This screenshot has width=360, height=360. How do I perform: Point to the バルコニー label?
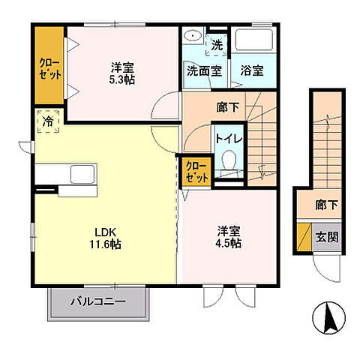coord(98,302)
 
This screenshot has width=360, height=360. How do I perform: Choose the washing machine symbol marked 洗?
coord(216,44)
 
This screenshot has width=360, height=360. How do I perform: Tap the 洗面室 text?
coord(203,72)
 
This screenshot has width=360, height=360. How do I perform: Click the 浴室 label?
coord(251,72)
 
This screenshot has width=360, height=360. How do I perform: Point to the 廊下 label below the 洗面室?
coord(226,106)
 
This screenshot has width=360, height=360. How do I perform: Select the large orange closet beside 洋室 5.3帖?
coord(49,65)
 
